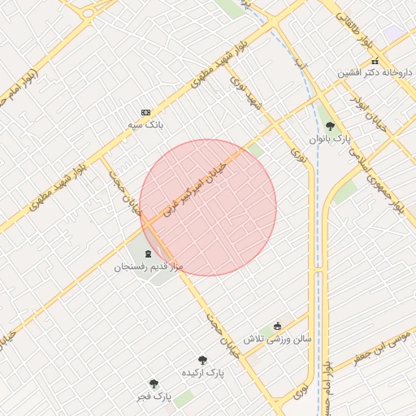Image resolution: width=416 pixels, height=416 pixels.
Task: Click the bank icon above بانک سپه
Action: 145,112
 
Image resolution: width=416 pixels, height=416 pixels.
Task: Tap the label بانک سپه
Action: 145,126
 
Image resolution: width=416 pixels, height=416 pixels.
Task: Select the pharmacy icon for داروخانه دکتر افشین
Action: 375,62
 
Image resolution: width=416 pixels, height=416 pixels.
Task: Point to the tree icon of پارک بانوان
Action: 330,126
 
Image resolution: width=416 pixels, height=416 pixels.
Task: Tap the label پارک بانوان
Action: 330,139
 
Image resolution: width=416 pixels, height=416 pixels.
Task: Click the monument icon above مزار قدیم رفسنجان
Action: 148,254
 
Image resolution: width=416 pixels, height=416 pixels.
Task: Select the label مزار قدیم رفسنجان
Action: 149,266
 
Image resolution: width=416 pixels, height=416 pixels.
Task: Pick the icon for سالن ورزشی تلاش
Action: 277,326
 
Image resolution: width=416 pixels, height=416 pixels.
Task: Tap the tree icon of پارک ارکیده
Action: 202,360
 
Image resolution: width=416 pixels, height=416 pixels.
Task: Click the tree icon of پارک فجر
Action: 154,383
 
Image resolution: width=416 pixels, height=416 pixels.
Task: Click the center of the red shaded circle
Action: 208,207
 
